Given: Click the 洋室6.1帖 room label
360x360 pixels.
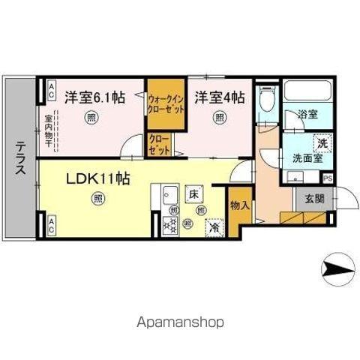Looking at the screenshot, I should pos(94,97).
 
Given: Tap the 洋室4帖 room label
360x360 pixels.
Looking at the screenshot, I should pos(219,97).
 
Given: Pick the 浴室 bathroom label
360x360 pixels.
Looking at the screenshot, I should pos(307,115).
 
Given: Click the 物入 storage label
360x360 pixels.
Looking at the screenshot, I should pos(239,204).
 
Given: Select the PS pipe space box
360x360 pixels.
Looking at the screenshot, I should pos(328,178).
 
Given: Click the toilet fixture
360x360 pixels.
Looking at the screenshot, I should pos(266,101).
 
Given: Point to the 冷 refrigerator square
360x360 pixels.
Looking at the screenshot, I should pos(214,226).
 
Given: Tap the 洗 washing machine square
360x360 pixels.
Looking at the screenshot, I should pos(321,142).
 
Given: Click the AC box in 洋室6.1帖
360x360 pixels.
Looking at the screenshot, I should pos(51,91).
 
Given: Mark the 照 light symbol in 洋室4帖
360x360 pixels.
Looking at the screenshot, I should pos(219,118).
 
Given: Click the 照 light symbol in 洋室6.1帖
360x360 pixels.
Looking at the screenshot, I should pos(91,117).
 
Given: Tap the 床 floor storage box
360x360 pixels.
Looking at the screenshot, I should pos(193,193).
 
